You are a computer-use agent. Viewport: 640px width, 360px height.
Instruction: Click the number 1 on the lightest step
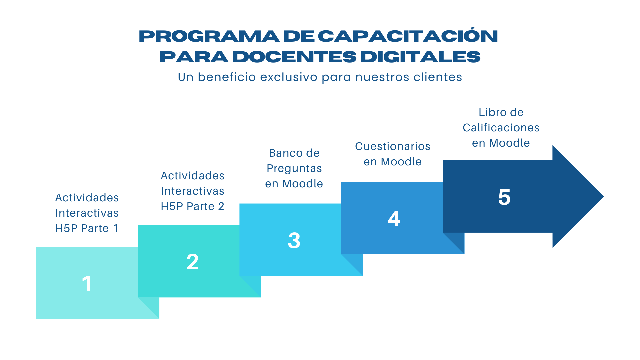click(87, 284)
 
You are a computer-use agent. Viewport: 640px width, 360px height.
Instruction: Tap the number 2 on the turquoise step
click(192, 262)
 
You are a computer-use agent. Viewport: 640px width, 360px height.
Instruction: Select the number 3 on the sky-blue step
click(294, 240)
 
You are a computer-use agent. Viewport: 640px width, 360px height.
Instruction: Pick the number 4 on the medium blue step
click(394, 219)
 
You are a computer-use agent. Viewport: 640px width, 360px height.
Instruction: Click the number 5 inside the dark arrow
click(504, 197)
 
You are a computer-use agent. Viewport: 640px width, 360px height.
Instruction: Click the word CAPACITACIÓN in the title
click(408, 36)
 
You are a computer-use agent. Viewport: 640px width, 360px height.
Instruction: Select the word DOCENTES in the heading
click(294, 57)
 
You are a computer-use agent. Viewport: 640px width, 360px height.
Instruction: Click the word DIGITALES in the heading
click(420, 57)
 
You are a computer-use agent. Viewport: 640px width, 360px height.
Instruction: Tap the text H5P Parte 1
click(87, 228)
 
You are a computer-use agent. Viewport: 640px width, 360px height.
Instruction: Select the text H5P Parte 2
click(192, 206)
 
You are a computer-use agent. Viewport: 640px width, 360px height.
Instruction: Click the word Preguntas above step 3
click(294, 168)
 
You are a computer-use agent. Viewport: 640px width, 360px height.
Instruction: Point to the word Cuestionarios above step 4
click(393, 146)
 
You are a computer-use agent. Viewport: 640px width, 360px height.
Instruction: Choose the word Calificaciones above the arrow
click(501, 128)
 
